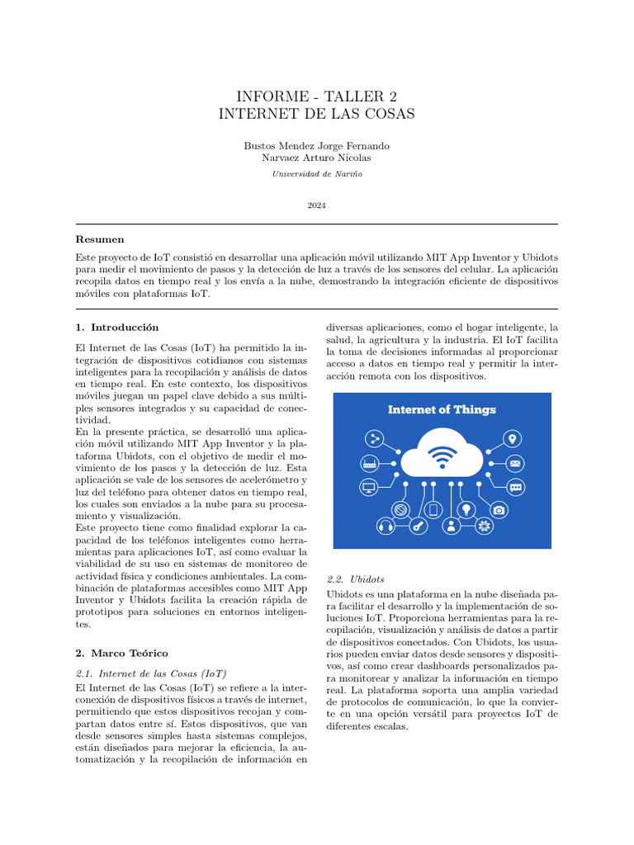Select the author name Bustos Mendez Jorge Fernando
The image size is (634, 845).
[x=316, y=145]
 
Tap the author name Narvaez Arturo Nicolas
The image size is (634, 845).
[x=316, y=158]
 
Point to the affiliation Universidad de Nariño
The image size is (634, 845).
[x=316, y=174]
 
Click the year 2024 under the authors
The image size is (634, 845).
[x=316, y=205]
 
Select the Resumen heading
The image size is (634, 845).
[x=99, y=238]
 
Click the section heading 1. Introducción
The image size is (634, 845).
[x=116, y=327]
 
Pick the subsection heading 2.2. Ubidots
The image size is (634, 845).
[x=355, y=578]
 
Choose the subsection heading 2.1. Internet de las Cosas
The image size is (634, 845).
[x=150, y=673]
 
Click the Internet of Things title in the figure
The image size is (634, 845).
[x=442, y=409]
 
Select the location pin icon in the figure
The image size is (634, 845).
[x=513, y=438]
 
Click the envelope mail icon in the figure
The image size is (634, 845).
[x=515, y=463]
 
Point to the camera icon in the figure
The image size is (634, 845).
[x=499, y=510]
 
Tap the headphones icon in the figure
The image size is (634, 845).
[x=386, y=526]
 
